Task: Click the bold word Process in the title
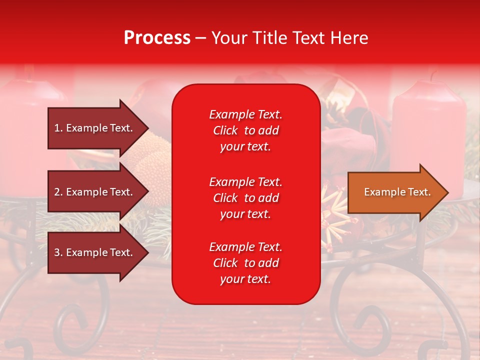(x=157, y=38)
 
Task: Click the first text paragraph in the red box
(x=245, y=130)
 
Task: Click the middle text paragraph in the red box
(x=245, y=197)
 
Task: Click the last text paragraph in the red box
(x=245, y=263)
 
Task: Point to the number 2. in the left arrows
(x=58, y=192)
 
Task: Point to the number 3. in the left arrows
(x=58, y=252)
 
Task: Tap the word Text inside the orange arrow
(x=420, y=192)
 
